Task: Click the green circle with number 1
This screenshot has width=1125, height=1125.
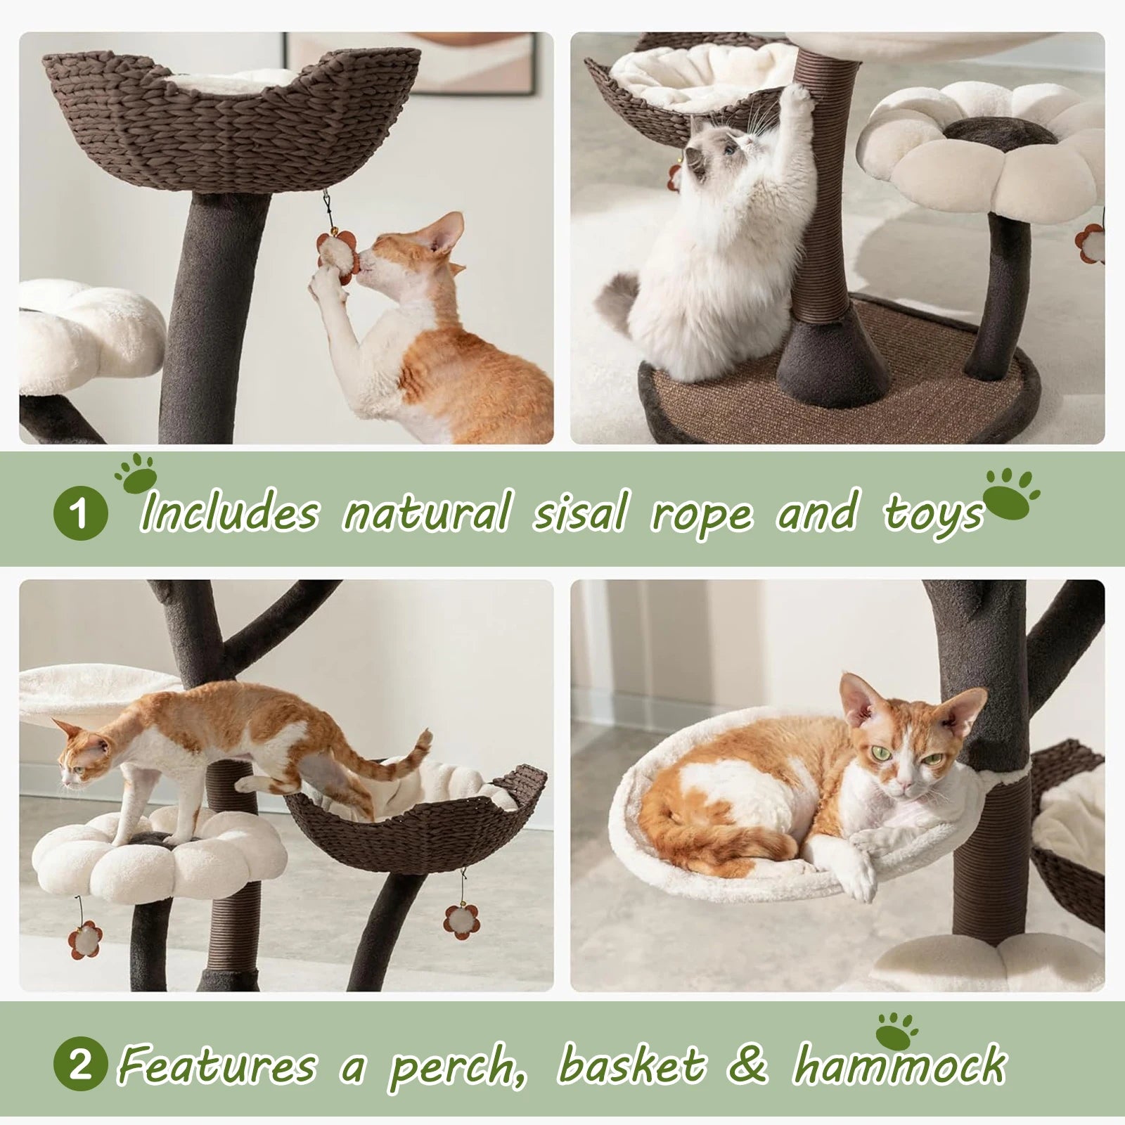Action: (80, 513)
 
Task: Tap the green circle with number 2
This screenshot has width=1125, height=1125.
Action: (80, 1067)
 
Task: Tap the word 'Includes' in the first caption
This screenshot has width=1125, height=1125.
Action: (229, 513)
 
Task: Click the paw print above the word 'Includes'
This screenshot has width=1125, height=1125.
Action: (136, 473)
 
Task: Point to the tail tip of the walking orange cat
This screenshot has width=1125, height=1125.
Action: (424, 737)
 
